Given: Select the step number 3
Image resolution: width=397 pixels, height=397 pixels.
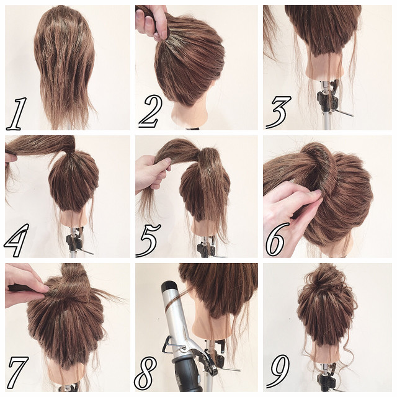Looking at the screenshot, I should click(278, 112).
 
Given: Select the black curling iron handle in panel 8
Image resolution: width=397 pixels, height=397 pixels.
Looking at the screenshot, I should click(187, 378).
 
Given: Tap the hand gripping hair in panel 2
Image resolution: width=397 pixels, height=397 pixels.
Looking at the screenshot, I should click(152, 21).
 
